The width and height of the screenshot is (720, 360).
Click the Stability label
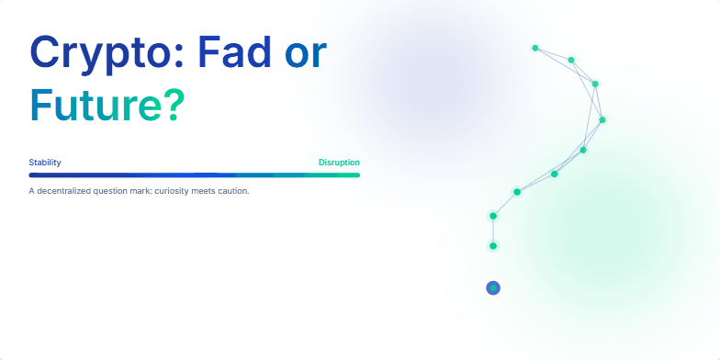click(x=45, y=163)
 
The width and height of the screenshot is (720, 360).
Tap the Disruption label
click(x=339, y=163)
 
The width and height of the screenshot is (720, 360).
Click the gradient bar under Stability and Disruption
click(x=194, y=174)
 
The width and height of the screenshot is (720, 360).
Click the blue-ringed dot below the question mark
click(x=493, y=288)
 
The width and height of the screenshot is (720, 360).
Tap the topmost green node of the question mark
click(x=534, y=47)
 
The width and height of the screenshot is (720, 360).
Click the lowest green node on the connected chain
click(x=493, y=246)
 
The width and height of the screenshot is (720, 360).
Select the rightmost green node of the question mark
click(x=602, y=119)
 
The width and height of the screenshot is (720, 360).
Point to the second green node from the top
click(x=571, y=60)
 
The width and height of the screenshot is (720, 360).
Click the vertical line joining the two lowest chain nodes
click(x=493, y=231)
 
